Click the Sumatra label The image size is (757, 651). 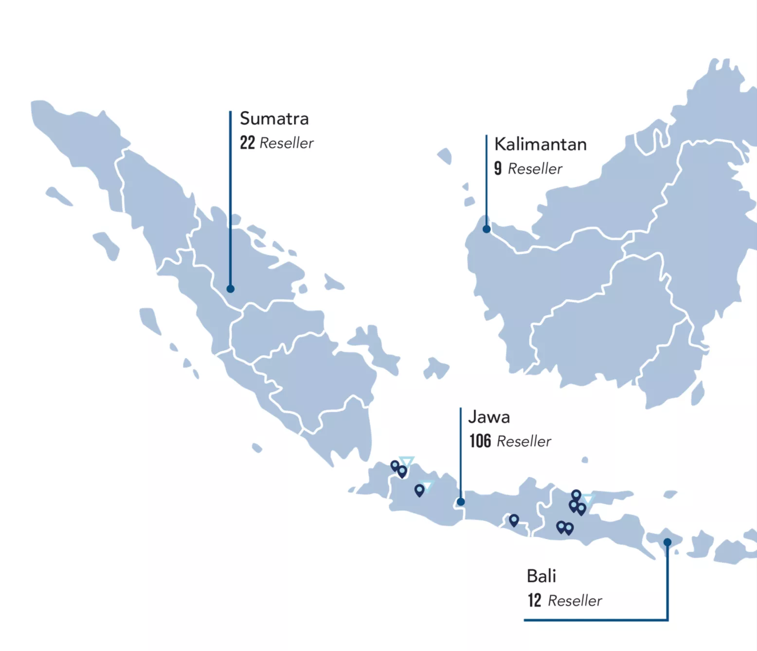click(x=274, y=119)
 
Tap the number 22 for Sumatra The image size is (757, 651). click(x=247, y=143)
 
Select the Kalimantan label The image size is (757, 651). click(x=540, y=145)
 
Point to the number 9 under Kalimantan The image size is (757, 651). click(x=498, y=168)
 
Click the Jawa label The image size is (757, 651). click(x=488, y=417)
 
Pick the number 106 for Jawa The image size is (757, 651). click(x=480, y=441)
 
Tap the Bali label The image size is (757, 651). click(x=541, y=576)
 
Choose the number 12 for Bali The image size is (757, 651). click(x=534, y=600)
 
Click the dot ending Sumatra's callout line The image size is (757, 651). click(x=231, y=289)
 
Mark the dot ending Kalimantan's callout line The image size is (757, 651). click(x=487, y=229)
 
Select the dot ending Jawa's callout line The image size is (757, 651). click(x=461, y=502)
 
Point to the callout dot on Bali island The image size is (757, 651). click(x=667, y=542)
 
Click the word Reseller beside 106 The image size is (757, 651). click(x=524, y=441)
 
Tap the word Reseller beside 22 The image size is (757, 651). click(x=287, y=143)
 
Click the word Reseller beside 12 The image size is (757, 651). click(x=575, y=601)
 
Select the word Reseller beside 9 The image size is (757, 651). click(x=535, y=169)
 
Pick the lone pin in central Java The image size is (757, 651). click(x=514, y=520)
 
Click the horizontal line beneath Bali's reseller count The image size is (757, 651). click(x=595, y=620)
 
